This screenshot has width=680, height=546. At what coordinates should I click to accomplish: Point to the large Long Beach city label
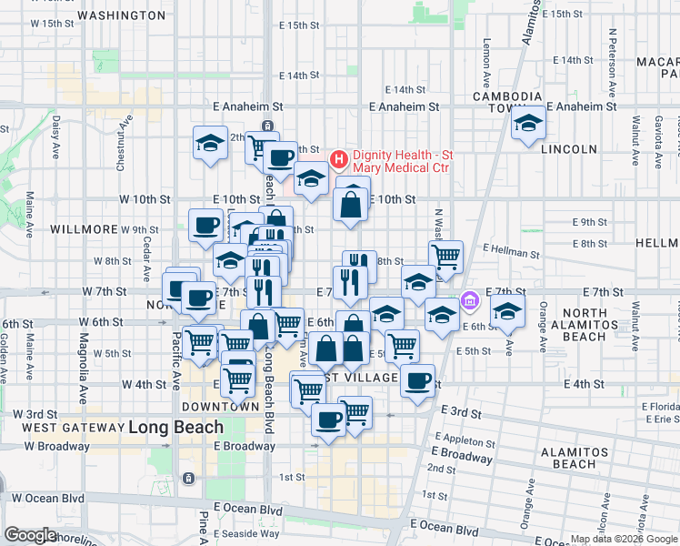(x=175, y=426)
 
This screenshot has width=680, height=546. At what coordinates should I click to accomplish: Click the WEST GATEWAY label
(x=72, y=427)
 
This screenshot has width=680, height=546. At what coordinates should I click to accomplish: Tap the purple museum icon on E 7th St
(x=469, y=299)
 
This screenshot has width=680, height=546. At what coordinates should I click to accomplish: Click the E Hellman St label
(x=511, y=248)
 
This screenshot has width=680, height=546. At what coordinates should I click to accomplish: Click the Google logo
(x=30, y=534)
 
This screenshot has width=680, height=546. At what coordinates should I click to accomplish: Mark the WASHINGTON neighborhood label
(x=121, y=15)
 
